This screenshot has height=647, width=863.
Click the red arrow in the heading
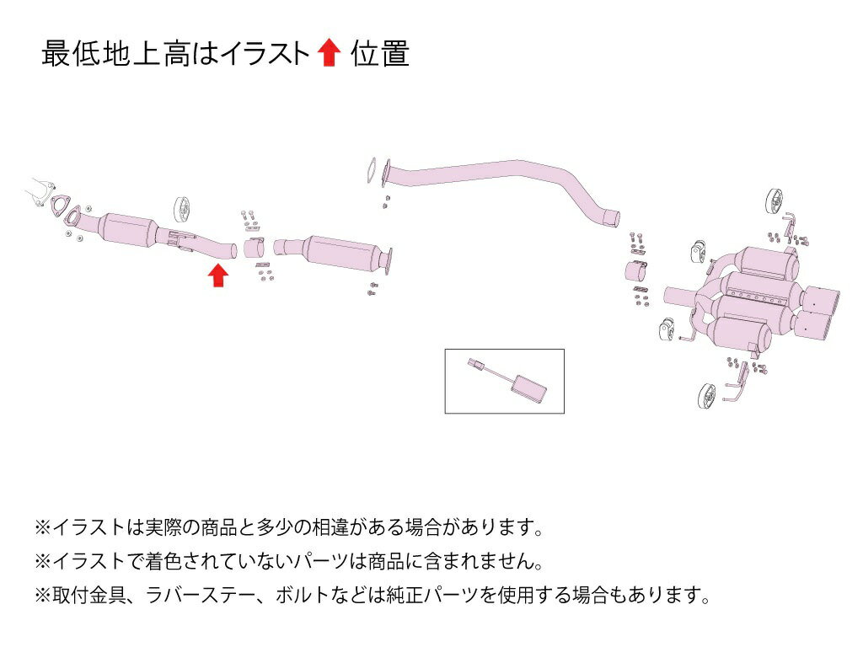point(330,53)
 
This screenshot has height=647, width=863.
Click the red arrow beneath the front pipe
point(218,275)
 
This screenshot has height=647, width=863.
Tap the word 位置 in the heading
point(380,54)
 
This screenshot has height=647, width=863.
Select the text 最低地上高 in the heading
point(115,54)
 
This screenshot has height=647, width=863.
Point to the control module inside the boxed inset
point(528,386)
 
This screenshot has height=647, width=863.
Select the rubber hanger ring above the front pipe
point(182,210)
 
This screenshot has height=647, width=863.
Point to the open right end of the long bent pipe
point(614,219)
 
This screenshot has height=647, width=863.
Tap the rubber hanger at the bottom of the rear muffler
point(706,395)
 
